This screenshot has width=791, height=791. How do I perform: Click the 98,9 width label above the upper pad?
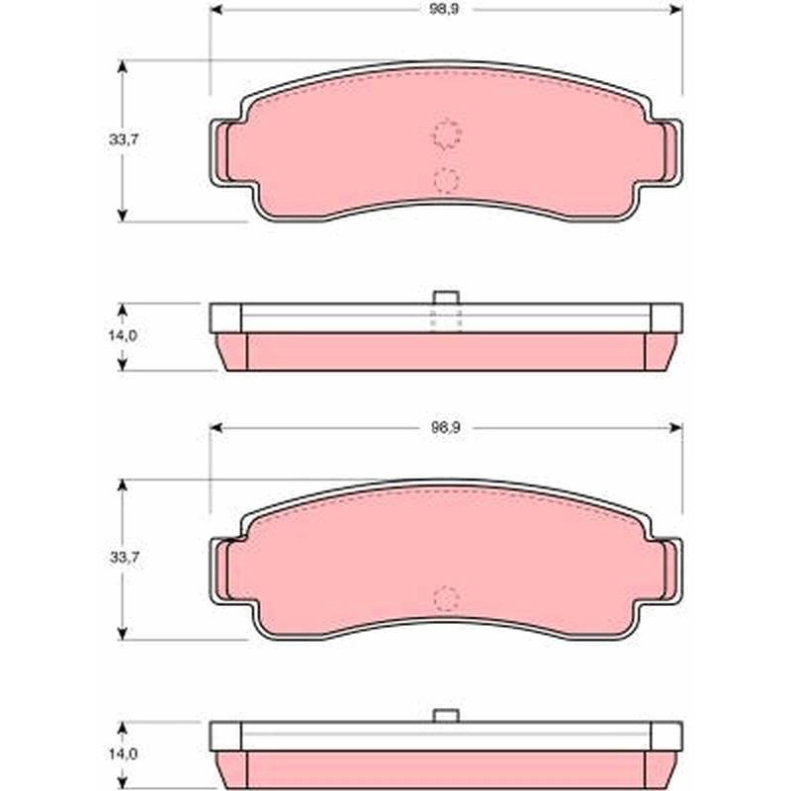(444, 10)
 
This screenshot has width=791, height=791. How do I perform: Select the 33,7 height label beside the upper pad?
(124, 139)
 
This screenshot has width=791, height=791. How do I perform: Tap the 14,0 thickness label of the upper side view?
(123, 335)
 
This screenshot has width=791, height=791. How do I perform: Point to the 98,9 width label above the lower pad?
(446, 428)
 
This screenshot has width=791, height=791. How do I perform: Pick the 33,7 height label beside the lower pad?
(125, 558)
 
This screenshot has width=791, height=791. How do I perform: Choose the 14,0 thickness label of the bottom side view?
(123, 754)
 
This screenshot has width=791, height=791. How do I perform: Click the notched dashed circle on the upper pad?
(447, 134)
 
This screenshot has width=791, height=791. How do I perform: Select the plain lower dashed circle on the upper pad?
(446, 180)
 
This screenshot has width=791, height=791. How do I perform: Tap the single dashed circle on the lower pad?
(447, 599)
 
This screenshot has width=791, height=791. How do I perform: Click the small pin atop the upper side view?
(446, 298)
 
